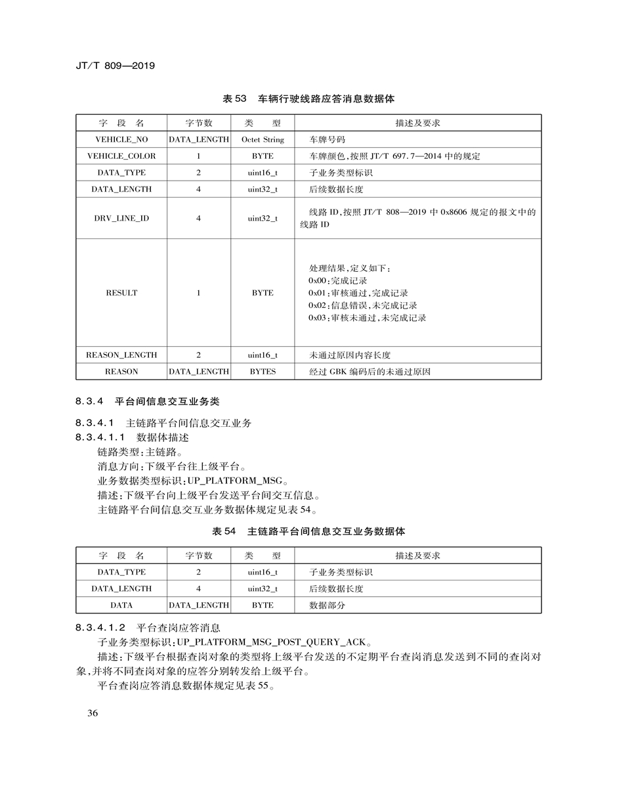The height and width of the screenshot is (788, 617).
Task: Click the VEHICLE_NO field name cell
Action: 121,140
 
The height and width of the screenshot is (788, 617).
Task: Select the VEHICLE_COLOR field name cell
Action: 121,156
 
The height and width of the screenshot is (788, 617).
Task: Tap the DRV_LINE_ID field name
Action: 121,218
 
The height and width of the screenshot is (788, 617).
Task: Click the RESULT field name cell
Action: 121,293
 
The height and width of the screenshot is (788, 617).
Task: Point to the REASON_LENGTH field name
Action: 121,355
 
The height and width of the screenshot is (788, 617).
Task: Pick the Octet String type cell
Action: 263,140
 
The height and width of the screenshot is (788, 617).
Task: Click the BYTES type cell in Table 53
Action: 263,372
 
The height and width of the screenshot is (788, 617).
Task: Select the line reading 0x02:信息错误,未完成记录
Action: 362,305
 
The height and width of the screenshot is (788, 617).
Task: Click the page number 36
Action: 92,714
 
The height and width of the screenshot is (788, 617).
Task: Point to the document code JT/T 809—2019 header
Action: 115,66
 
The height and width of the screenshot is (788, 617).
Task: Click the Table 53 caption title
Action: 308,98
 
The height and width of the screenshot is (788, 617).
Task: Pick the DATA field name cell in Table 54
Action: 121,605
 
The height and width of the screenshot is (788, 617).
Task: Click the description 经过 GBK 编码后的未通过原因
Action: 370,372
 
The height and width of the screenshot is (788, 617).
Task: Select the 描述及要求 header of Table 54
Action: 417,556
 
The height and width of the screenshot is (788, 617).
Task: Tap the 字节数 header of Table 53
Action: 198,123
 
